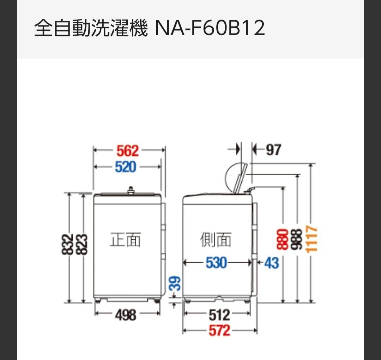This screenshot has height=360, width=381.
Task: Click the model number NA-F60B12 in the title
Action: (210, 28)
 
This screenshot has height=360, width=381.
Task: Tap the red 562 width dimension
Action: (128, 151)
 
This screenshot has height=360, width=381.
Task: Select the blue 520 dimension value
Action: (125, 167)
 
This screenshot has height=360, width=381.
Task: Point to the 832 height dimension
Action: (68, 244)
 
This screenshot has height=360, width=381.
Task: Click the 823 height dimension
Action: (81, 244)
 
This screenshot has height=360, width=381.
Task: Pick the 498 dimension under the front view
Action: (126, 315)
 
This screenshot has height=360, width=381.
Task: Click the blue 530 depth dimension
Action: (216, 263)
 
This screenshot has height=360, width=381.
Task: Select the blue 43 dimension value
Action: (271, 263)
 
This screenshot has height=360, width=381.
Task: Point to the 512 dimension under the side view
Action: (219, 315)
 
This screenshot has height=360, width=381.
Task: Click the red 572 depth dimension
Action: (219, 331)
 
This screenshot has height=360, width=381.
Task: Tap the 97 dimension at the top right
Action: (274, 150)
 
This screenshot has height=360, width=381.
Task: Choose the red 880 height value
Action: (282, 239)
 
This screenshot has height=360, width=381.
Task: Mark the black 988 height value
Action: (297, 239)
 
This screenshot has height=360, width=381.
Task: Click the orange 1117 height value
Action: (312, 239)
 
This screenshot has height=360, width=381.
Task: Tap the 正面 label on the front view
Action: (125, 239)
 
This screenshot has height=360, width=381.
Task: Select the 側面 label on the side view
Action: (216, 239)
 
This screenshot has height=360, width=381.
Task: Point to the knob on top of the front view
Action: (131, 190)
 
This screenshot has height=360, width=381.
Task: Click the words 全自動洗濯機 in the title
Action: (91, 28)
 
